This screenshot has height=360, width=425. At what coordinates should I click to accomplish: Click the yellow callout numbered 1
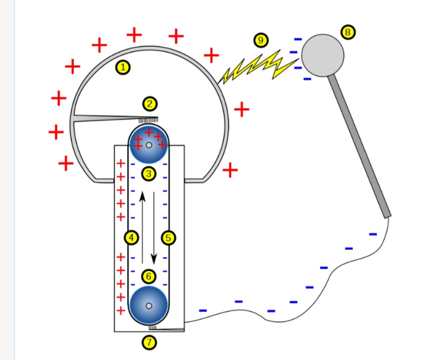pyautogui.click(x=123, y=68)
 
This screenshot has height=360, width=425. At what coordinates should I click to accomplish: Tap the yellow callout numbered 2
pyautogui.click(x=150, y=104)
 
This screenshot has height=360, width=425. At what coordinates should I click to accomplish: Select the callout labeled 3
pyautogui.click(x=149, y=174)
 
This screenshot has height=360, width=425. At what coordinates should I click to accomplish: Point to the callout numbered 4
pyautogui.click(x=131, y=237)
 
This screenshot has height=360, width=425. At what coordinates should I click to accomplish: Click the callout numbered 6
pyautogui.click(x=149, y=277)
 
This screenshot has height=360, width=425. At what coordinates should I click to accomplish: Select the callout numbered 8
pyautogui.click(x=347, y=32)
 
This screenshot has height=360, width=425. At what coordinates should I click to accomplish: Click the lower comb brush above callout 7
pyautogui.click(x=153, y=327)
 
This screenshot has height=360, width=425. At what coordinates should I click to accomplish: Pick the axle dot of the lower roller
pyautogui.click(x=149, y=306)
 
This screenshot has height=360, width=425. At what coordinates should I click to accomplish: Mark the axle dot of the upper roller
pyautogui.click(x=149, y=145)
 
